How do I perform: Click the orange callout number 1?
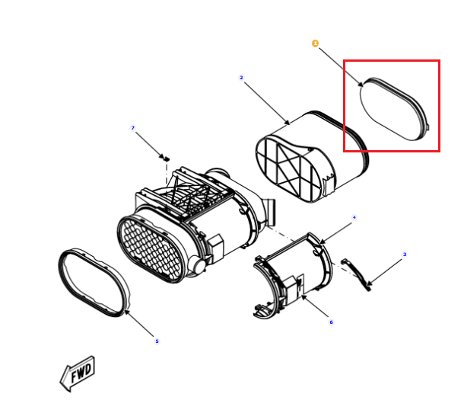(315, 43)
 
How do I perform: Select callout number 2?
(241, 78)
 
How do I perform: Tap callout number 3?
(405, 255)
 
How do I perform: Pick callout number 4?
(354, 217)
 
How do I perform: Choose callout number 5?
(157, 341)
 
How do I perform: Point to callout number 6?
(331, 322)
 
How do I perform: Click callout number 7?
(133, 128)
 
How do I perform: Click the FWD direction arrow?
(78, 373)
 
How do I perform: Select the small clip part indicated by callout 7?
(167, 159)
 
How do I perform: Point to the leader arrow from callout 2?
(267, 104)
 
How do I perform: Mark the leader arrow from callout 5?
(139, 323)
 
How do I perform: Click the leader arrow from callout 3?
(384, 273)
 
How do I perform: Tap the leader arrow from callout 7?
(150, 145)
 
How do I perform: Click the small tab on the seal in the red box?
(428, 127)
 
